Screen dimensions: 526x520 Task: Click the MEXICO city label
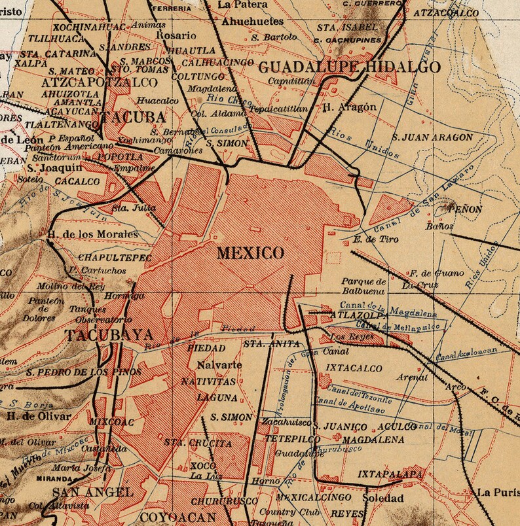coord(251,253)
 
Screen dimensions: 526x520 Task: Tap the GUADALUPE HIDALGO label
coord(350,67)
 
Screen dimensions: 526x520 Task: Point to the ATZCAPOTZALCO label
coord(99,82)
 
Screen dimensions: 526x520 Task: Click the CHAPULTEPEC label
coord(115,258)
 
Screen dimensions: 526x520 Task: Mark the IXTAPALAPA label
coord(391,473)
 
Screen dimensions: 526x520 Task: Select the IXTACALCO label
coord(354,368)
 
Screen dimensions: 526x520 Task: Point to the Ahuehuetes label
coord(252,22)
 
